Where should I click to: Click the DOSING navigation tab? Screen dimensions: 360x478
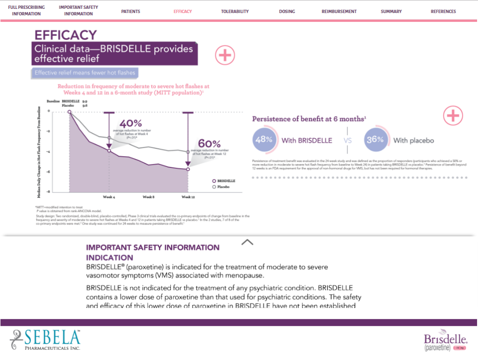[x=287, y=12]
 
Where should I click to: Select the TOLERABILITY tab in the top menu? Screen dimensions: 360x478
[x=235, y=12]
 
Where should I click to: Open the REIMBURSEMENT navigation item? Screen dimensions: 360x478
[x=339, y=12]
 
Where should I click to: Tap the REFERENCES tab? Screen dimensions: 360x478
[x=443, y=12]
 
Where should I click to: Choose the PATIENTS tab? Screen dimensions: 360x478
[x=130, y=12]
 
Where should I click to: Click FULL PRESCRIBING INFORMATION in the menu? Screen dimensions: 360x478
[x=27, y=11]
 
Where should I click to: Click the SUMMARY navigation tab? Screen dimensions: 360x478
[x=391, y=12]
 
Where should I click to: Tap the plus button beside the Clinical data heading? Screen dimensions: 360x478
[x=225, y=55]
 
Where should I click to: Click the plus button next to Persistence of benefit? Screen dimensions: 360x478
[x=453, y=116]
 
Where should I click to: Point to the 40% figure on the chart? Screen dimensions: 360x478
[x=131, y=124]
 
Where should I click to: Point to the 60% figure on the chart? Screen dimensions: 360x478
[x=209, y=143]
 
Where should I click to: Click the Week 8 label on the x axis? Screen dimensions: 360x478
[x=148, y=197]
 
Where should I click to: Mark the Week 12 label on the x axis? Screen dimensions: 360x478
[x=188, y=197]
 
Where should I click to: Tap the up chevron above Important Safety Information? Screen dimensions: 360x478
[x=247, y=242]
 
